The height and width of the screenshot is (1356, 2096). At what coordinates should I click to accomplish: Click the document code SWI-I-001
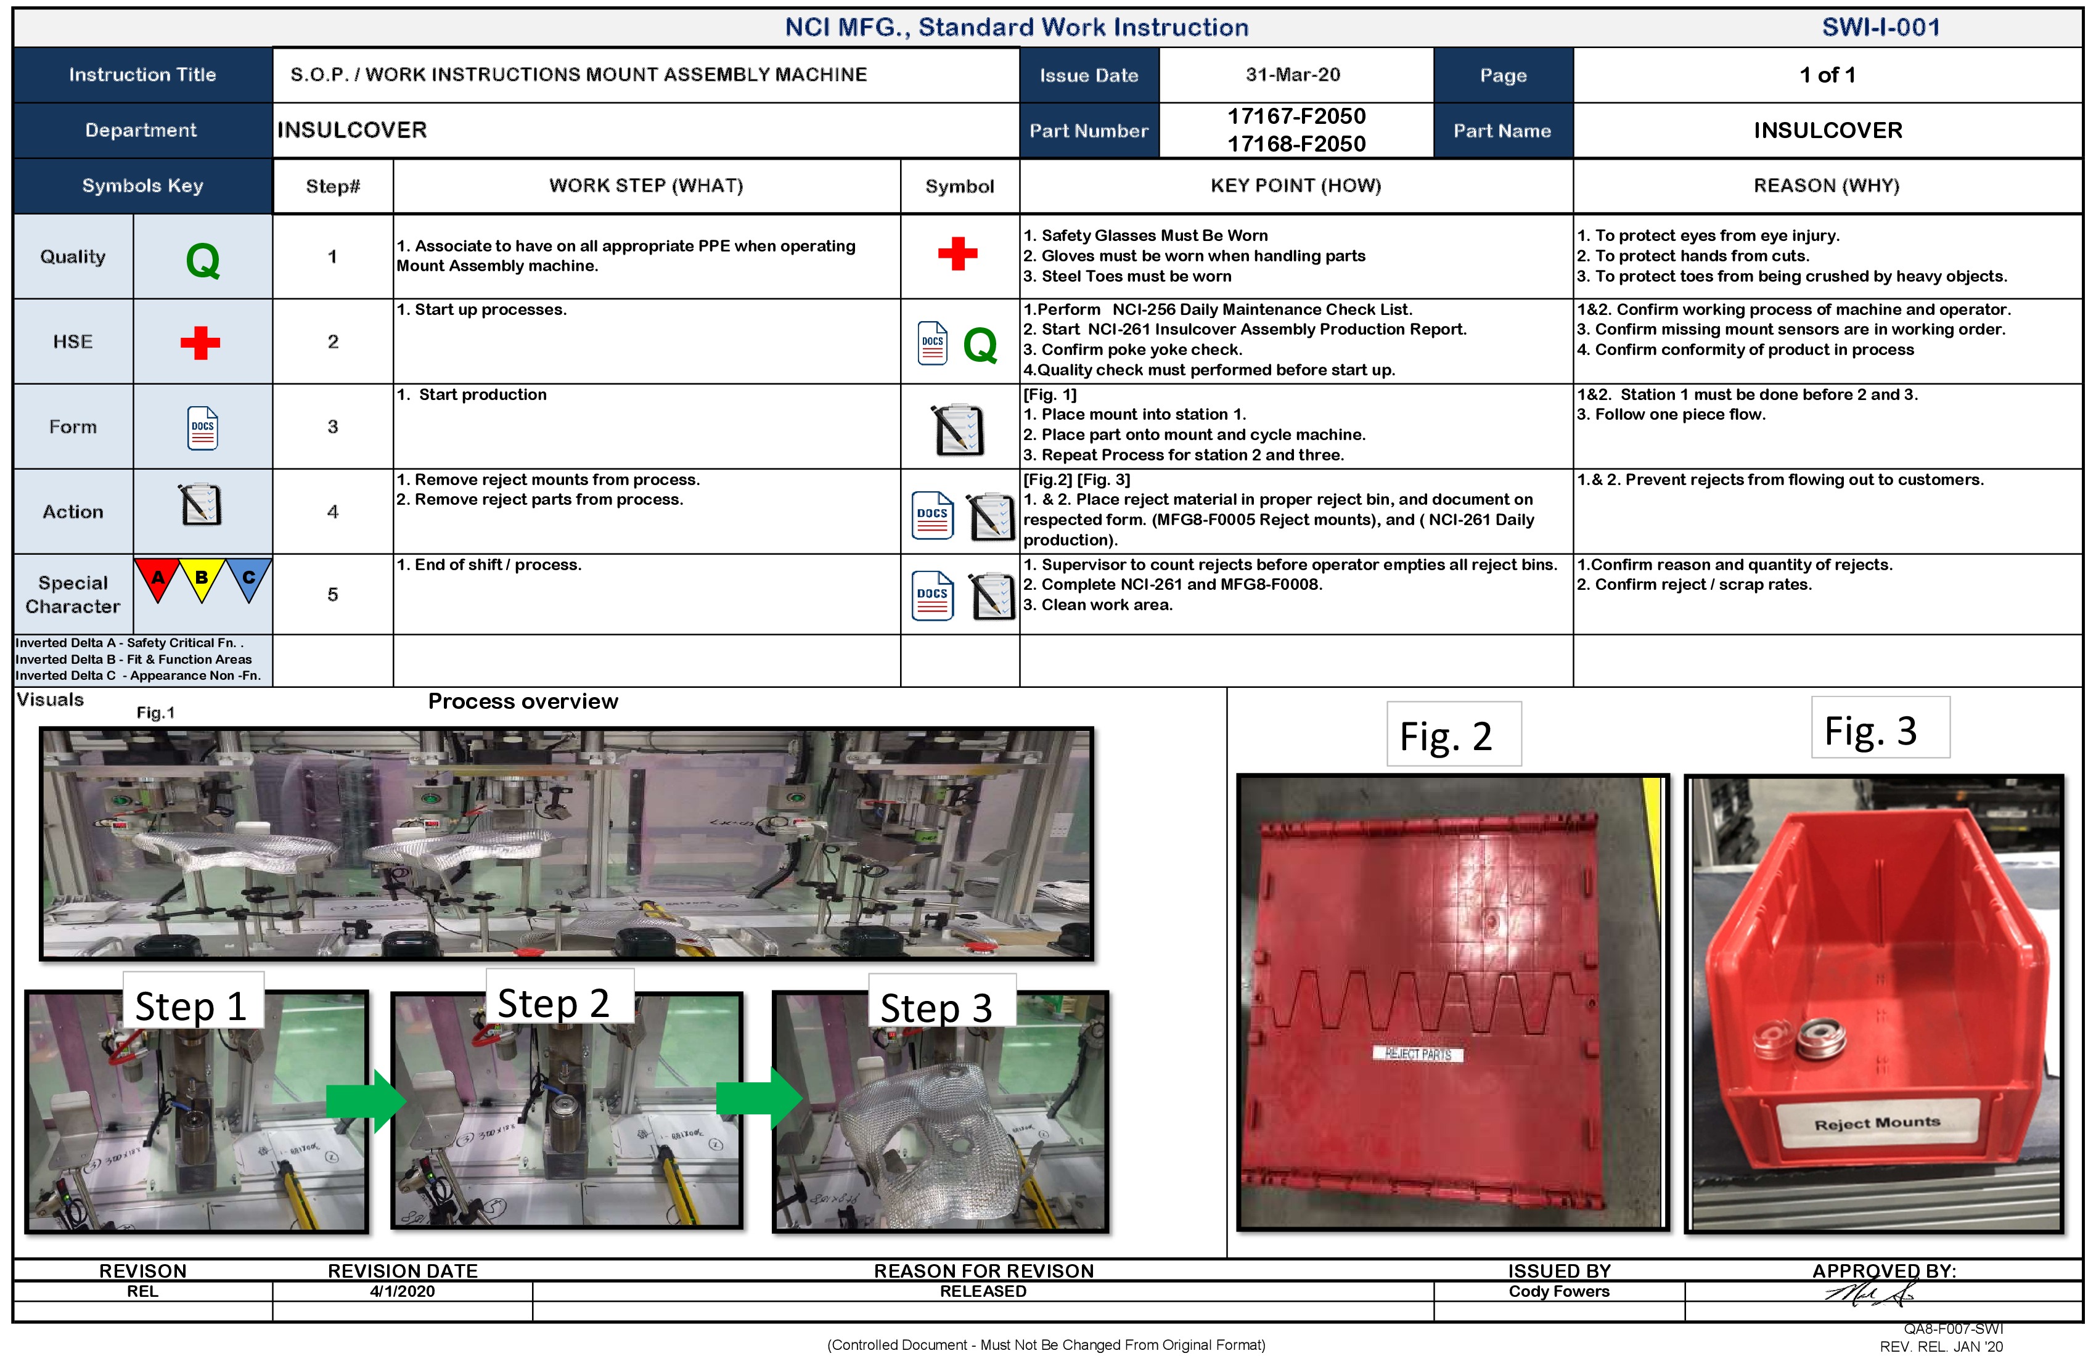1880,27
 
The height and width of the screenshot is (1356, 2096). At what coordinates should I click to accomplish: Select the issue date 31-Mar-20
1292,75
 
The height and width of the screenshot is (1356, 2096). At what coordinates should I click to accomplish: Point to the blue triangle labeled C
248,579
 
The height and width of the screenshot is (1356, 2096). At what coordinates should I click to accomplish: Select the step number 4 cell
332,512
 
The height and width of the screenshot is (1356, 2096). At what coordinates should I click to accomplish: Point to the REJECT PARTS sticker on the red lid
1418,1054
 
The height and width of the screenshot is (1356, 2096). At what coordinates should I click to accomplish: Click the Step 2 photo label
553,1003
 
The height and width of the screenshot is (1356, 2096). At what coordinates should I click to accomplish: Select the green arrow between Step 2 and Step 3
758,1098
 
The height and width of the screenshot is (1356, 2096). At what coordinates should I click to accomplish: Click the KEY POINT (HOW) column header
1295,186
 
